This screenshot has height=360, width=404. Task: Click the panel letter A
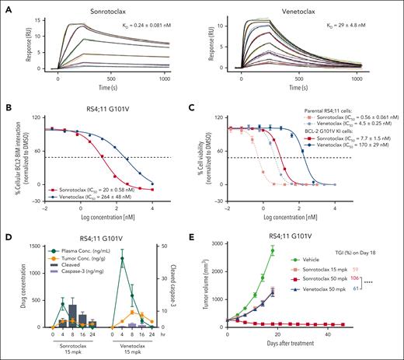[x=6, y=6]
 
